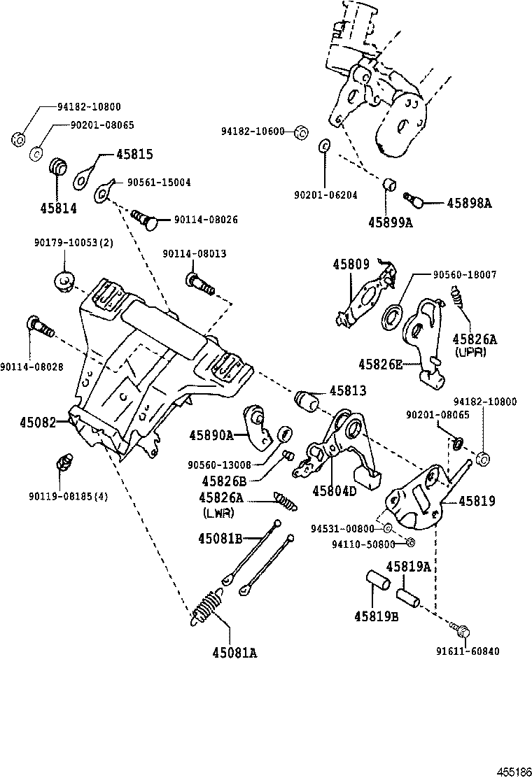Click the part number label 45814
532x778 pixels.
pyautogui.click(x=58, y=208)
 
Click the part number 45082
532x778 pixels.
pyautogui.click(x=37, y=422)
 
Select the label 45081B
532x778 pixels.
pyautogui.click(x=220, y=538)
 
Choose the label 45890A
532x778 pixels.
pyautogui.click(x=211, y=435)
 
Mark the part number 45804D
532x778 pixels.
pyautogui.click(x=333, y=490)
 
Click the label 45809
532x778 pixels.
pyautogui.click(x=351, y=264)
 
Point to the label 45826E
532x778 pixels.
pyautogui.click(x=381, y=364)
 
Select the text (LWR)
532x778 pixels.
pyautogui.click(x=218, y=512)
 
